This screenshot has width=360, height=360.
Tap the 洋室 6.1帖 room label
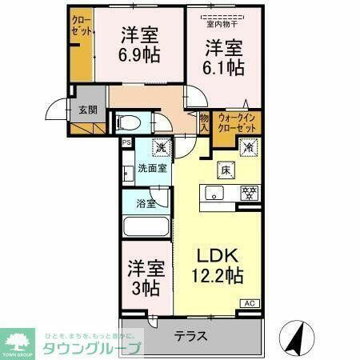[223, 57]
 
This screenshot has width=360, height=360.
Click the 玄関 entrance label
[87, 110]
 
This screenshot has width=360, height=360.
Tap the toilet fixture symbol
[129, 122]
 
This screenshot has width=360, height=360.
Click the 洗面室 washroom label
[151, 168]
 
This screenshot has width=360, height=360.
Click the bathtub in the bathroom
[146, 226]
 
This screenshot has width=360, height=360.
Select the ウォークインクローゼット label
[237, 123]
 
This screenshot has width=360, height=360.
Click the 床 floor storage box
[226, 170]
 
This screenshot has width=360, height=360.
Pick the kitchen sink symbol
[214, 193]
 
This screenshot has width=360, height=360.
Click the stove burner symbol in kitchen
[249, 193]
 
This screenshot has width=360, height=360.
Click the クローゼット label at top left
[81, 26]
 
